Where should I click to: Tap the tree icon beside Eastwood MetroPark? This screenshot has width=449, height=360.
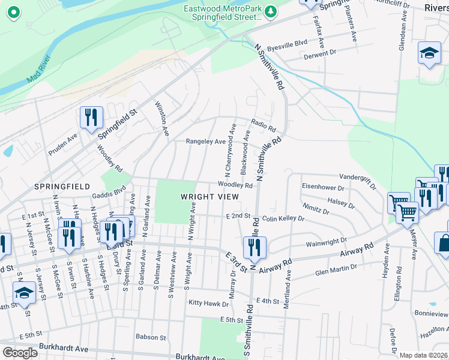tap(271, 11)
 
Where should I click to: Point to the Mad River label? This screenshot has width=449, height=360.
tap(39, 70)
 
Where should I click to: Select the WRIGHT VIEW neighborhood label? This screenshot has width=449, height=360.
tap(209, 197)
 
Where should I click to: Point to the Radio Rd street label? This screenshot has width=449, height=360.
tap(263, 125)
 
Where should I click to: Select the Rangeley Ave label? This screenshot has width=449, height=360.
tap(205, 142)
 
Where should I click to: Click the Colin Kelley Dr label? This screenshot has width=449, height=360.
tap(283, 219)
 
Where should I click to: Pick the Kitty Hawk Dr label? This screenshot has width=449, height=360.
tap(208, 302)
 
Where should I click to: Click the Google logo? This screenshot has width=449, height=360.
tap(20, 353)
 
